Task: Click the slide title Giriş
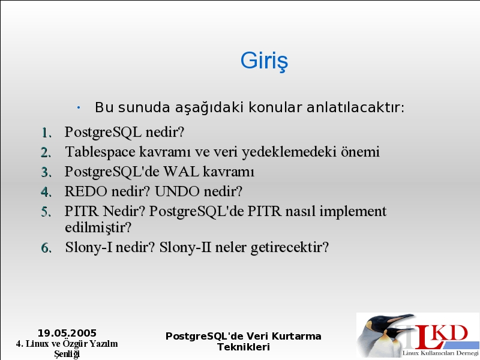(264, 61)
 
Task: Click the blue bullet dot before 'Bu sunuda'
(79, 107)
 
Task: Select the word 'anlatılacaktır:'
(355, 107)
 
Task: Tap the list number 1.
(46, 133)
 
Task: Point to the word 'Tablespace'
(100, 152)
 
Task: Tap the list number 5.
(46, 212)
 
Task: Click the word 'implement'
(353, 212)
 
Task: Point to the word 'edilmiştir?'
(98, 228)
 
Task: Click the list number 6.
(46, 248)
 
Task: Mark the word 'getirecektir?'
(290, 247)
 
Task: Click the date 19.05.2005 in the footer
(67, 333)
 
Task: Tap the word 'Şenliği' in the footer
(67, 354)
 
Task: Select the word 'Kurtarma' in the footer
(296, 336)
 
